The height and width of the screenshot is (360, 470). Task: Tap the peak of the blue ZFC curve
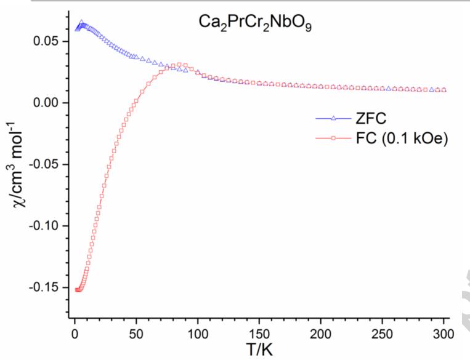tap(81, 23)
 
